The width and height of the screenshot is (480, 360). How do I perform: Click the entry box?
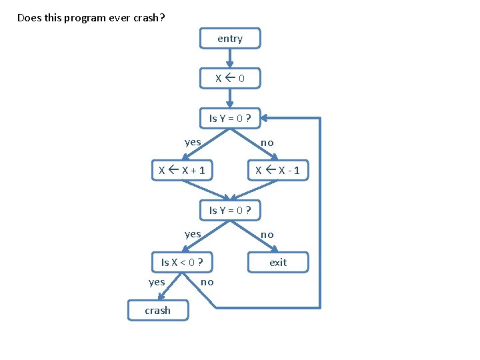coord(230,39)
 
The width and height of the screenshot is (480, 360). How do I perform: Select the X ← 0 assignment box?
coord(230,79)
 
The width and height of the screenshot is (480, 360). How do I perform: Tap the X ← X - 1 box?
coord(278,171)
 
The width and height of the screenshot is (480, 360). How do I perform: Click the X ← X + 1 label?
coord(182,171)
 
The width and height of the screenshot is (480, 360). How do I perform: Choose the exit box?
coord(278,263)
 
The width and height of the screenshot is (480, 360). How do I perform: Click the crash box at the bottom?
coord(158,311)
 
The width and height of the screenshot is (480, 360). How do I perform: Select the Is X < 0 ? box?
coord(182,263)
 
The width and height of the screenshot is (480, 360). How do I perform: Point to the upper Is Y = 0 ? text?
coord(230,119)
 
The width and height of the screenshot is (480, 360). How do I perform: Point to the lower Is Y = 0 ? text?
coord(230,211)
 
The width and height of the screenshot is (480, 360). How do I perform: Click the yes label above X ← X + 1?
coord(193,142)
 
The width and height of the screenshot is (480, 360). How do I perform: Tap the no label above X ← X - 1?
coord(267,143)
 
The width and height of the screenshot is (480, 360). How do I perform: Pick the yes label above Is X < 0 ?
coord(193,234)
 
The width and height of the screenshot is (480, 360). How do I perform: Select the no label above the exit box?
coord(267,235)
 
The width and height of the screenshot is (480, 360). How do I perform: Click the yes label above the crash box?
coord(157,282)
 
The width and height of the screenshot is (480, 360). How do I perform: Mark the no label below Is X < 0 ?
coord(207,283)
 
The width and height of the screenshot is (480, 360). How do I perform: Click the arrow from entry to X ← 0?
coord(230,58)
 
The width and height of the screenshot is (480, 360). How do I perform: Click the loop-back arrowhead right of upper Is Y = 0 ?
coord(265,119)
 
